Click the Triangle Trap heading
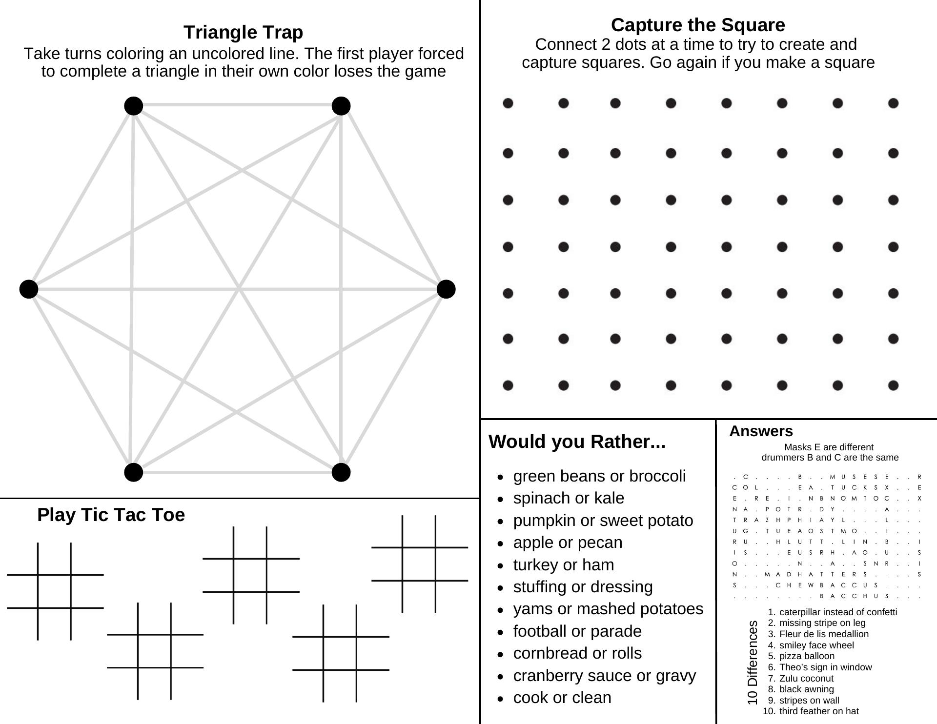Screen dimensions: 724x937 [243, 32]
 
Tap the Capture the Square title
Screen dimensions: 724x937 [698, 25]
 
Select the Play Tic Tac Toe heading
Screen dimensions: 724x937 [111, 515]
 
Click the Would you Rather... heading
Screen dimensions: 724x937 [577, 442]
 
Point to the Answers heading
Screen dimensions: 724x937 [761, 431]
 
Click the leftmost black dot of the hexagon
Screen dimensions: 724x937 [29, 289]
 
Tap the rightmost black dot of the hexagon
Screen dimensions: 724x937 [446, 289]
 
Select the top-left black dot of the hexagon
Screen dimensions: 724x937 [134, 105]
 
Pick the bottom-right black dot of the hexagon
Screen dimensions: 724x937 [341, 472]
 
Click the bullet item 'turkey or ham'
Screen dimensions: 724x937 [563, 565]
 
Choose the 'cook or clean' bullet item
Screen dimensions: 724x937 [562, 698]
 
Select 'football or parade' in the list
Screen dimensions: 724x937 [577, 631]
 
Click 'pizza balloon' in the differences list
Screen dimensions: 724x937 [807, 656]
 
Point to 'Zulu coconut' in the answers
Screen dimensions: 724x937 [806, 678]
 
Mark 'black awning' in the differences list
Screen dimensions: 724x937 [806, 689]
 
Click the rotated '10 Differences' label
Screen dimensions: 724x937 [753, 662]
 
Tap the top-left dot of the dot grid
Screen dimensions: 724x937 [508, 103]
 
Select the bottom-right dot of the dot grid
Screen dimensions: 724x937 [893, 385]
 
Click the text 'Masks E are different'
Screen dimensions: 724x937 [829, 447]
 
